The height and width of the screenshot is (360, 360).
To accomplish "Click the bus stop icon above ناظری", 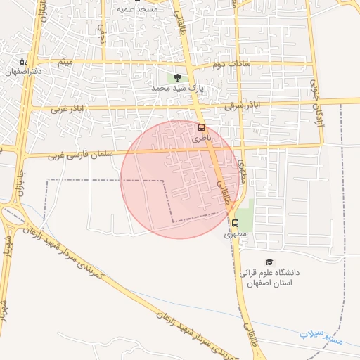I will tap(202, 128).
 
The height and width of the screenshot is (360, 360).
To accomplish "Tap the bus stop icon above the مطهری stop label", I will tap(234, 224).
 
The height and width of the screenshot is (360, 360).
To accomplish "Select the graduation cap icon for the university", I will tap(270, 261).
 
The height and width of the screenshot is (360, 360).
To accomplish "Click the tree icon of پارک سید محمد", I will tap(176, 78).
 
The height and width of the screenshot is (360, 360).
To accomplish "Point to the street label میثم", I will tap(65, 64).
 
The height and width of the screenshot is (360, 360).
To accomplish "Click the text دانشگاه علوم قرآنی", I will tap(270, 273).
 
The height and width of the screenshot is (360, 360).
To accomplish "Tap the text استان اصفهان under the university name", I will tap(267, 283).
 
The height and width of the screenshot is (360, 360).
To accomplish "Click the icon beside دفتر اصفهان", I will tap(22, 61).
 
